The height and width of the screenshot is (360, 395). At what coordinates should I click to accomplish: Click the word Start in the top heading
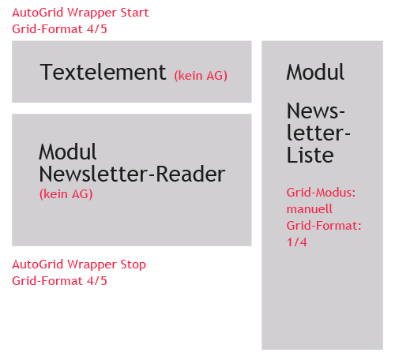point(134,13)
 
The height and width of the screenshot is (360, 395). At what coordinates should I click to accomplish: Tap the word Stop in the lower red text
point(134,264)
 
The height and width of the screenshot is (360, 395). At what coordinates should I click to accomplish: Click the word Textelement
point(103,72)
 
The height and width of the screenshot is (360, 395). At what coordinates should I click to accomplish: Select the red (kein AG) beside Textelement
point(201,76)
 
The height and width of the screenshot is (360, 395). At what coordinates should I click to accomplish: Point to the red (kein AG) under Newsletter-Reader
point(66,194)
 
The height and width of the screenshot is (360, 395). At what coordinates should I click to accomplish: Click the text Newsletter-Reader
point(132,174)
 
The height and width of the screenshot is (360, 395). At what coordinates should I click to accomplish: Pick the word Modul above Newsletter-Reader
point(68,152)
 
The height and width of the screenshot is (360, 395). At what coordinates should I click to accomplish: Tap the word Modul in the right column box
point(315,72)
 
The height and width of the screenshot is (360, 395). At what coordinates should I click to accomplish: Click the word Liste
point(310,155)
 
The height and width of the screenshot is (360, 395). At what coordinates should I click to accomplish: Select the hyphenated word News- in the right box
point(316,111)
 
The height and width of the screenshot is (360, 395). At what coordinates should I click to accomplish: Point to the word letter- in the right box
point(318,133)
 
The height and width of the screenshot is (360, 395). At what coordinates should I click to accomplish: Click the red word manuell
point(310,209)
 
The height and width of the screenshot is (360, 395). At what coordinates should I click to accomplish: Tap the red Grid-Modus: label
point(321,193)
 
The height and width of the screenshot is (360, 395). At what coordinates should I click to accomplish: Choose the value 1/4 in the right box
point(297,242)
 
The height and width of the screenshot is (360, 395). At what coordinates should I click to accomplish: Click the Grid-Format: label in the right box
point(324,226)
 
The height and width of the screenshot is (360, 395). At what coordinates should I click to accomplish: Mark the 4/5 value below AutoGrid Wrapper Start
point(97,29)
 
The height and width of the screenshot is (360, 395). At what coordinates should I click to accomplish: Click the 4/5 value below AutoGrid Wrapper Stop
point(97,281)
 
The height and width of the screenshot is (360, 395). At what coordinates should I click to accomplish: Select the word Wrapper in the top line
point(92,13)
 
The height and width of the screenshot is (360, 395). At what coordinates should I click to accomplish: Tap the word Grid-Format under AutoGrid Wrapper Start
point(47,29)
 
